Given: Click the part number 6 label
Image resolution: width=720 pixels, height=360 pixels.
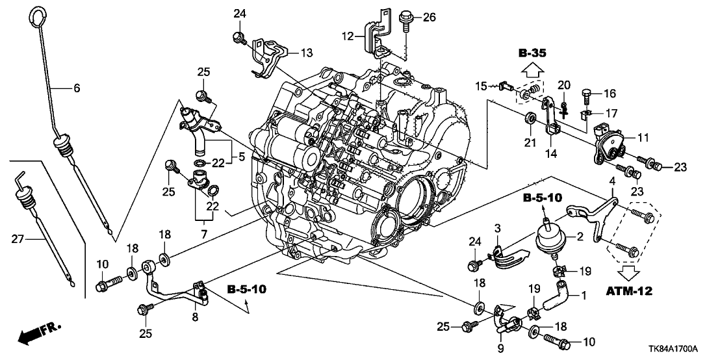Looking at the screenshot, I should pos(77,89).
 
